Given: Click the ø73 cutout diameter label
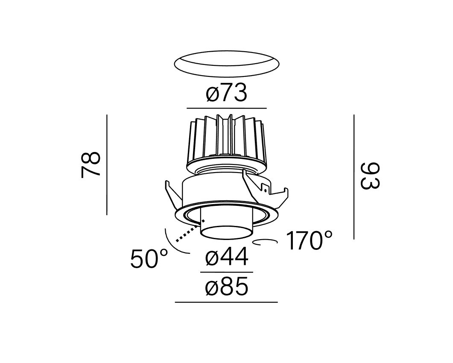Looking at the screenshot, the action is tap(227, 93).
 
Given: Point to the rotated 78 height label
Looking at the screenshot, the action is tap(91, 164).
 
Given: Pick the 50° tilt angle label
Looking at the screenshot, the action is tap(149, 259).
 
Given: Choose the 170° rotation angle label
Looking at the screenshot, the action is tap(309, 240).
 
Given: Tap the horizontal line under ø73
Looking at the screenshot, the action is tap(227, 108).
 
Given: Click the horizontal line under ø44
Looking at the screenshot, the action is tap(227, 272).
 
